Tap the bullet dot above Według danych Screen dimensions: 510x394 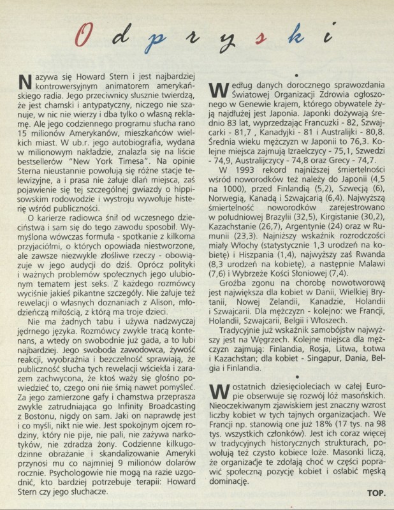[296, 73]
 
